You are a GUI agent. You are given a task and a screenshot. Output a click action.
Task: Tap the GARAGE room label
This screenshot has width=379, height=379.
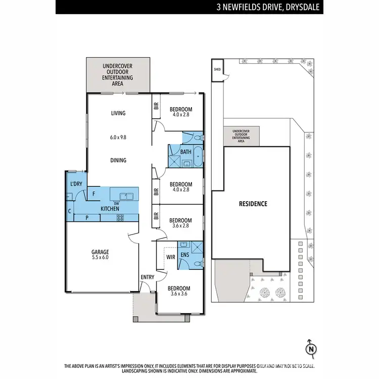100,251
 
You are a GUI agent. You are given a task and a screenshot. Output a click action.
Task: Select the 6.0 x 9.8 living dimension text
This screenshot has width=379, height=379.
118,137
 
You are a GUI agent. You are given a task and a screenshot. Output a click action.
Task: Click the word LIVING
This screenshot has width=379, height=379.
118,113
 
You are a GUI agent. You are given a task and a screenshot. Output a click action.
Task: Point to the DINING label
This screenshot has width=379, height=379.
118,160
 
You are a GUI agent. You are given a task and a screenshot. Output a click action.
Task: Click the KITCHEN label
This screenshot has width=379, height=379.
110,209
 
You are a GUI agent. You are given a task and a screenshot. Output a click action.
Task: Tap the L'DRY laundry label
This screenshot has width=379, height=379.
76,183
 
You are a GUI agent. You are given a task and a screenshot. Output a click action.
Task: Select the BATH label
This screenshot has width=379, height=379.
185,152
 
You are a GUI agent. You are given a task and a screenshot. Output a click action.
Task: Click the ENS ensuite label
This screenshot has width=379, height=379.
185,255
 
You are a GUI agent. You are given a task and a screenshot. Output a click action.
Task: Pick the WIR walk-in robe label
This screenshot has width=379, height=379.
170,257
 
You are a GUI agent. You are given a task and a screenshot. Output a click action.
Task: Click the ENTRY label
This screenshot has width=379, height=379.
148,277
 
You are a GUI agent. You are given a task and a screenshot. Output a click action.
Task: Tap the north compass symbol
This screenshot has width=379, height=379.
311,349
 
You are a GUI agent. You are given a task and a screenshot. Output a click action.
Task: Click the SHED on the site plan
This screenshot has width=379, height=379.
217,69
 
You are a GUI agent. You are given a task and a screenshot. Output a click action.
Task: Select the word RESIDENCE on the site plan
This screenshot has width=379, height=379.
253,204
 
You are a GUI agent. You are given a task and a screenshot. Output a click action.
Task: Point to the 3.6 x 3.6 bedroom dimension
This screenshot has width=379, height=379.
180,294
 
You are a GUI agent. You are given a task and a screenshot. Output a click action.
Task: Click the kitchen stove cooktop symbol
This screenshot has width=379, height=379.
121,218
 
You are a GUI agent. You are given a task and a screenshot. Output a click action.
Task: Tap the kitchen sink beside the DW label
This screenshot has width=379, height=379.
126,196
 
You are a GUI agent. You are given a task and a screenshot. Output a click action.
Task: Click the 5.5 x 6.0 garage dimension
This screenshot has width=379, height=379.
100,257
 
